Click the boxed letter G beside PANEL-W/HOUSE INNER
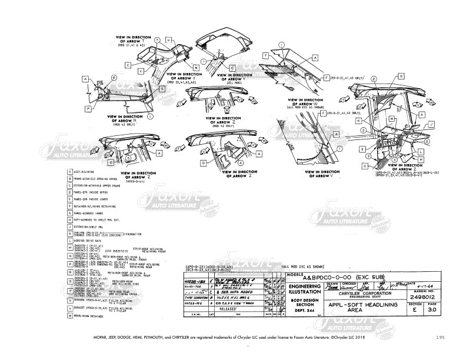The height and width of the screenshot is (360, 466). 69,212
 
